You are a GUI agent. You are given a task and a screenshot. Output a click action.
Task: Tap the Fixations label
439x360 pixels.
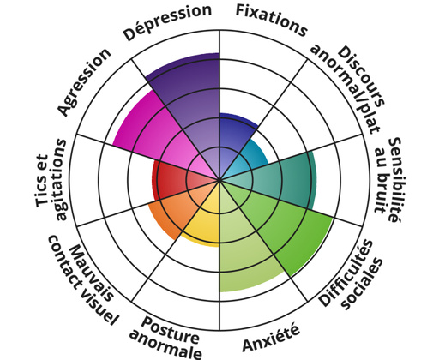(271, 21)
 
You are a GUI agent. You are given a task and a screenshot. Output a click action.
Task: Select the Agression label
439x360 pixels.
(84, 81)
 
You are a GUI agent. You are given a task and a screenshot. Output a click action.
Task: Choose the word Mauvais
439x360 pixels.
(91, 273)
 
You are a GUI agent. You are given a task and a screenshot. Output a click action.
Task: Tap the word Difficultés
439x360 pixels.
(346, 273)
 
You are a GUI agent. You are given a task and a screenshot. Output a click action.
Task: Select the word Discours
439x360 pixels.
(361, 75)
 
